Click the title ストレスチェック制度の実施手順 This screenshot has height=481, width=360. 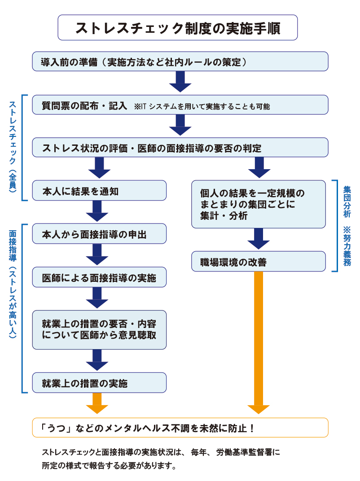(178, 28)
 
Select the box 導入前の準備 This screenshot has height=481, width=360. (180, 61)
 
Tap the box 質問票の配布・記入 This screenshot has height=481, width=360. (180, 105)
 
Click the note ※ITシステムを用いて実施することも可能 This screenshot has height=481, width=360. (202, 106)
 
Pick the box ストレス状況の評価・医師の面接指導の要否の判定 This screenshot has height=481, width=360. (180, 147)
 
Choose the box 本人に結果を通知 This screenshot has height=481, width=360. (99, 191)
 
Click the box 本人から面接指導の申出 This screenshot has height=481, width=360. (99, 234)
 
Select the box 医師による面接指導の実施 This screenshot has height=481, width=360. (99, 277)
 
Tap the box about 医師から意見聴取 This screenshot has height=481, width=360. (99, 330)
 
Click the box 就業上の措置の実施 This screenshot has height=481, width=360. (99, 383)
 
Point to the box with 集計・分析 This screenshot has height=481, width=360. (259, 204)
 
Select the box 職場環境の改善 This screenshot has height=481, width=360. (259, 261)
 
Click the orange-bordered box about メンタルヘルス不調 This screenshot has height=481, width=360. (180, 427)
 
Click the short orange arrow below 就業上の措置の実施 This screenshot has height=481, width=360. (97, 403)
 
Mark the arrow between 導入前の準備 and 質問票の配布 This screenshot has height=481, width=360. (180, 82)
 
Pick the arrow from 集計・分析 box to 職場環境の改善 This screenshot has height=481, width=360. (259, 239)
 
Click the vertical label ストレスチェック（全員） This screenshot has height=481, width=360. (13, 147)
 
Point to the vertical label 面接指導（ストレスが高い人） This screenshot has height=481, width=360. (13, 284)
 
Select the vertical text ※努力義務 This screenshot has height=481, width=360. (347, 246)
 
